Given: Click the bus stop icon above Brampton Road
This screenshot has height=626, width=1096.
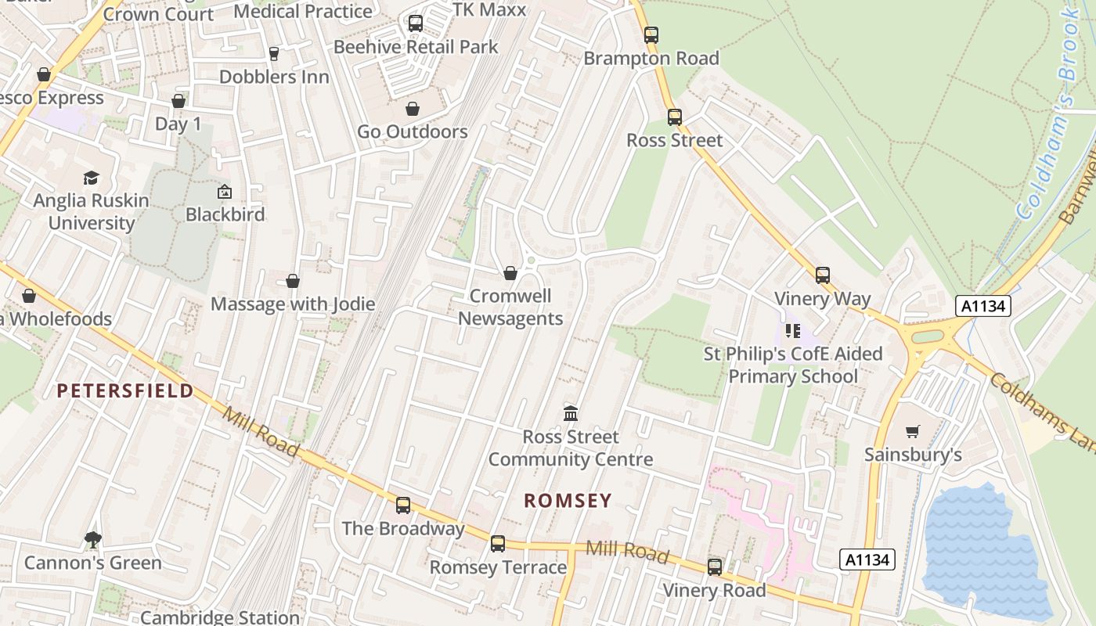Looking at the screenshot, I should click(x=651, y=35).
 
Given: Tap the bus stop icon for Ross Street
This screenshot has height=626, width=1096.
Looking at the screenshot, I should click(x=675, y=117).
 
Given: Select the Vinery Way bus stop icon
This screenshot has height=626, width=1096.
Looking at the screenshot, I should click(x=822, y=275).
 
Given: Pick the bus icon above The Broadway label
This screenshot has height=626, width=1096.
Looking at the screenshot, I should click(x=403, y=505).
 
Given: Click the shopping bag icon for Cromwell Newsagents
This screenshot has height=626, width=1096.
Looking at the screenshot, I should click(x=510, y=273).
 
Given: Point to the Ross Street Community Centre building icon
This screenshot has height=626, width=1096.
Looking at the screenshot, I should click(x=571, y=413).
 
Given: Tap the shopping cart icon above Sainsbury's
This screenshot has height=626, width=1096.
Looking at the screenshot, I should click(x=912, y=431).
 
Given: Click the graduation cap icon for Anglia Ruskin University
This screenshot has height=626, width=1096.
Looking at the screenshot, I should click(x=92, y=178).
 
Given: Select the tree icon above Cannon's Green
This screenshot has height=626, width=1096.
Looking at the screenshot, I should click(x=92, y=539).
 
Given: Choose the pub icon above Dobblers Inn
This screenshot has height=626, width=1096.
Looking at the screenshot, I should click(x=273, y=53).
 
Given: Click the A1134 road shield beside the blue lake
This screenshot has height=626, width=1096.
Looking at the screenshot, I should click(x=867, y=559).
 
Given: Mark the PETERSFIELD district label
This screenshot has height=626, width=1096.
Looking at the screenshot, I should click(x=125, y=391).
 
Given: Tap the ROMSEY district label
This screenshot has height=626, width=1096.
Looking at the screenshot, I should click(x=568, y=501).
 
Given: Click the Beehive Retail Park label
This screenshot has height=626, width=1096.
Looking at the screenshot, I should click(x=416, y=47).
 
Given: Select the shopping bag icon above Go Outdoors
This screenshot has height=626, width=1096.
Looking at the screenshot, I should click(x=413, y=109).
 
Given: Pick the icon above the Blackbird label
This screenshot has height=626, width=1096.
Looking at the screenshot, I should click(x=225, y=192).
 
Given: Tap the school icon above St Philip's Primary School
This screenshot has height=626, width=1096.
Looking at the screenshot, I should click(x=792, y=331).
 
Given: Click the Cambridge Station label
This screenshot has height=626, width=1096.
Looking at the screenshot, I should click(x=220, y=617).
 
